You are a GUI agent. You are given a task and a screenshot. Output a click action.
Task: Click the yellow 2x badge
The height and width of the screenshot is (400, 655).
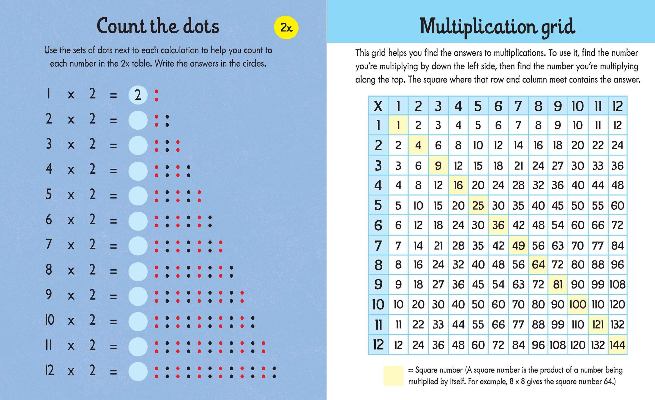tap(286, 28)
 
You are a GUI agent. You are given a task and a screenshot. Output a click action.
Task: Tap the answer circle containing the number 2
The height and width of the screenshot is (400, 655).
tap(138, 95)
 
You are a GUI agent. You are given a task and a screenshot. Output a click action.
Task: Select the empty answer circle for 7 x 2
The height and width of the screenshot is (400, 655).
tap(138, 246)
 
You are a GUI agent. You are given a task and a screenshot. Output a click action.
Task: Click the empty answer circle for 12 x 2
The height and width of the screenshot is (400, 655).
tap(138, 372)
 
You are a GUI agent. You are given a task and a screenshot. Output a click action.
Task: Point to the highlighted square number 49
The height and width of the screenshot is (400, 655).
tap(518, 245)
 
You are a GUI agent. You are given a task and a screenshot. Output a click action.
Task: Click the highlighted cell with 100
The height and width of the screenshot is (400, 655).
tap(577, 304)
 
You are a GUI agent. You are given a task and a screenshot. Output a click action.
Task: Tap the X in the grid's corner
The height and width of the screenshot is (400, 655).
tap(378, 106)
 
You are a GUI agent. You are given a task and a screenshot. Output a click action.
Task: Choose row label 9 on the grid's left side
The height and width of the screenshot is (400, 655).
tap(378, 284)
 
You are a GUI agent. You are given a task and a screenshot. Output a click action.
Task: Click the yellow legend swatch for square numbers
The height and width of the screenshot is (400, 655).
tap(393, 375)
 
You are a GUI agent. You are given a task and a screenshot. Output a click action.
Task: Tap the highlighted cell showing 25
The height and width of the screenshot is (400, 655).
tap(478, 205)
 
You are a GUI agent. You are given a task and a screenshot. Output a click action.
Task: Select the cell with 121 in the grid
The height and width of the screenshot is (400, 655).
tap(598, 325)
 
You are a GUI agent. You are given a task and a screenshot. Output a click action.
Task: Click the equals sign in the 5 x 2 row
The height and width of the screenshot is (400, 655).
tap(113, 196)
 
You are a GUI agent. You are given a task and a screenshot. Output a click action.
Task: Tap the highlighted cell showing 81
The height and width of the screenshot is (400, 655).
tap(558, 284)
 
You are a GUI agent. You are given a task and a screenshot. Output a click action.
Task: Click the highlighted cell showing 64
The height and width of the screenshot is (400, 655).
tap(538, 265)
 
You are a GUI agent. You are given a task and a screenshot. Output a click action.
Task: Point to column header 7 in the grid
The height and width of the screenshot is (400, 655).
tap(518, 106)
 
